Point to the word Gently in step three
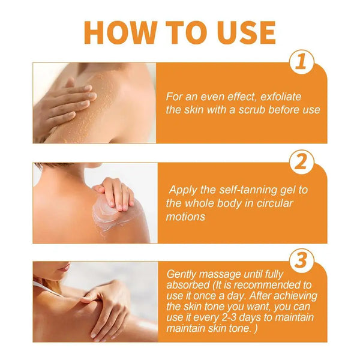coord(182,274)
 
